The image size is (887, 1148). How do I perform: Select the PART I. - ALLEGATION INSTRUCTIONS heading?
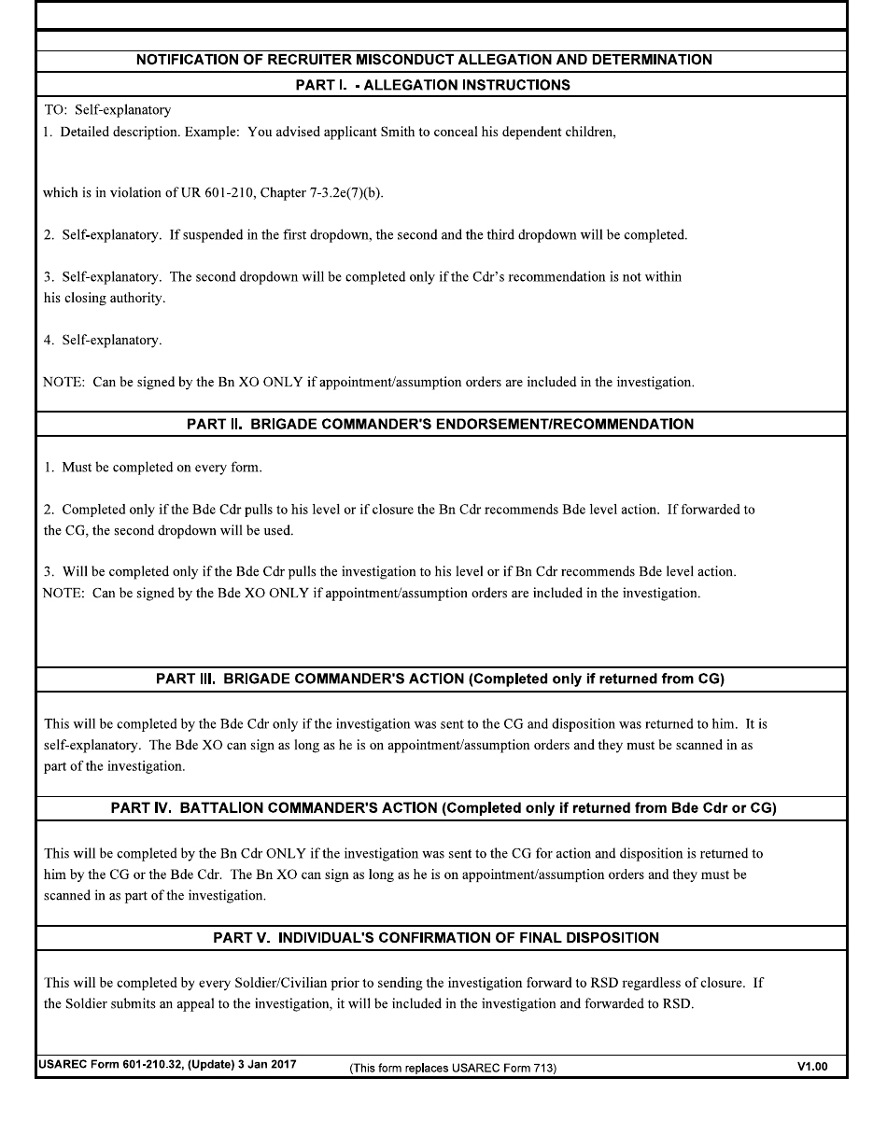point(432,85)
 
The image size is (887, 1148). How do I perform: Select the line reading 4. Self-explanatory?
point(103,340)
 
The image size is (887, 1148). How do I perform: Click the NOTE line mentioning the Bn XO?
point(368,382)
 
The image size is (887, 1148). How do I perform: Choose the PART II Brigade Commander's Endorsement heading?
point(440,425)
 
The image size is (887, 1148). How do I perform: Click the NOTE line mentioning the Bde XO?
point(371,593)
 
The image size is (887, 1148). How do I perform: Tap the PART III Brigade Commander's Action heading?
point(440,679)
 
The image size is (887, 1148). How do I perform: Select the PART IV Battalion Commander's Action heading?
point(443,808)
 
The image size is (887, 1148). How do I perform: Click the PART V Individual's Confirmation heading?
point(436,938)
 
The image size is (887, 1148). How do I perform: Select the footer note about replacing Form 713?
point(452,1069)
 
